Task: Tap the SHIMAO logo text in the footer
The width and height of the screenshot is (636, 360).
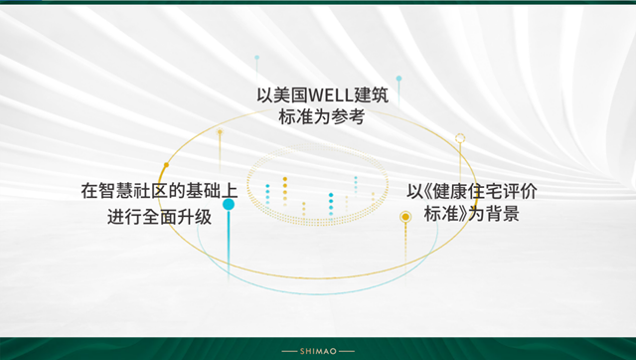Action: coord(318,350)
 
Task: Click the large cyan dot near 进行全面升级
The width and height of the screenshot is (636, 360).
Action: coord(229,205)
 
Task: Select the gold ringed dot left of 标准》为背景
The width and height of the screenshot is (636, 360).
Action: coord(404,216)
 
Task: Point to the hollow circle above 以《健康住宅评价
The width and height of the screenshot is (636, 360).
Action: coord(460,138)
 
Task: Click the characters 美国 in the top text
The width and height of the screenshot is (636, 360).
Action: coord(281,95)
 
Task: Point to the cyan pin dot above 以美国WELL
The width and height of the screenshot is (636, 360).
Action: coord(256,58)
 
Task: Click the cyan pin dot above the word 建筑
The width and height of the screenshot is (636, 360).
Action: coord(398,78)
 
